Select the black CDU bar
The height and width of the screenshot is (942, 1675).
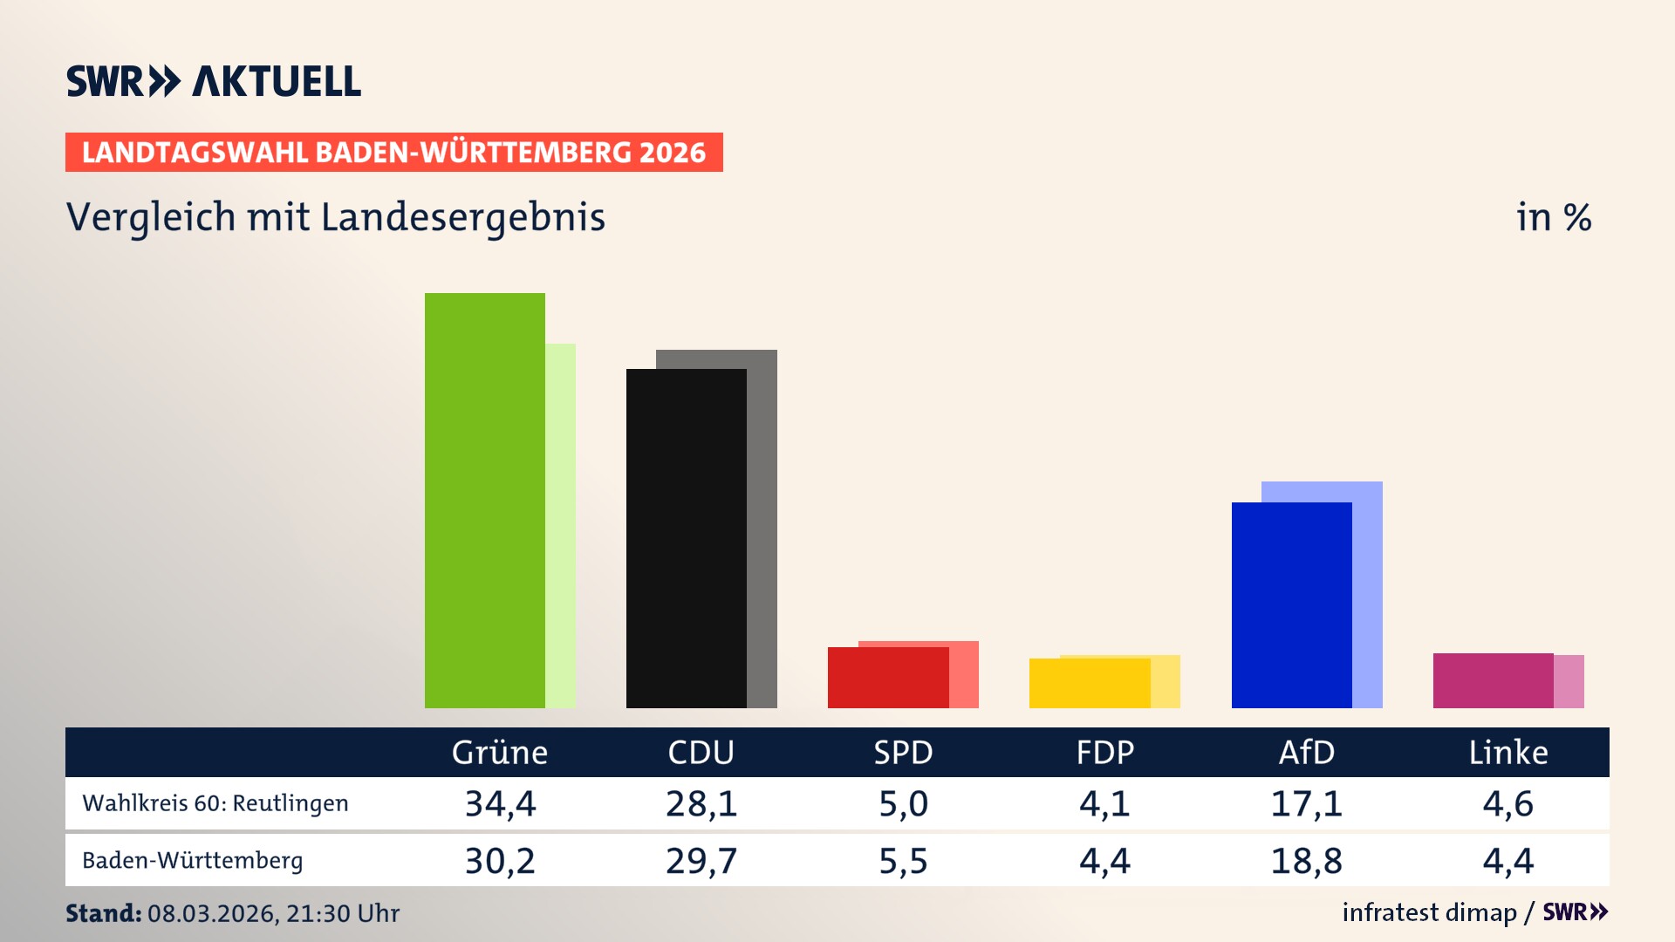[686, 538]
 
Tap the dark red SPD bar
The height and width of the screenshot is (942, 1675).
[887, 678]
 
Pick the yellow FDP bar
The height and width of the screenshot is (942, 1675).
[1089, 683]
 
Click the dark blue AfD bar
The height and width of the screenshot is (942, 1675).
[1291, 604]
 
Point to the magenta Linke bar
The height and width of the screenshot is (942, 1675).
[1493, 680]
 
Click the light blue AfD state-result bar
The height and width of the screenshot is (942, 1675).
[1368, 593]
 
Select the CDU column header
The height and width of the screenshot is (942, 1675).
[701, 752]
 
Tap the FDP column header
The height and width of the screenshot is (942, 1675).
[1104, 752]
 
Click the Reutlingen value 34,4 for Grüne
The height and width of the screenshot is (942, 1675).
[500, 803]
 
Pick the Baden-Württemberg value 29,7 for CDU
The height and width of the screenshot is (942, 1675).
[701, 861]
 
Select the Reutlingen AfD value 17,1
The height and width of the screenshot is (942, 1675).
[1306, 803]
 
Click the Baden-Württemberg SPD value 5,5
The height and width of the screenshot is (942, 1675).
[903, 861]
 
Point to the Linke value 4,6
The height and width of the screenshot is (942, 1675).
[1507, 803]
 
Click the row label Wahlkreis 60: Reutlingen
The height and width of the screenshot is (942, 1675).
[215, 803]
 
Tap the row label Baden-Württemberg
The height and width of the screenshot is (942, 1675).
[192, 861]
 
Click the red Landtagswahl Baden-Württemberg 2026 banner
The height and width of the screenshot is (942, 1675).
[393, 153]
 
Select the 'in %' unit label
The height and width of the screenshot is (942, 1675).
[1553, 218]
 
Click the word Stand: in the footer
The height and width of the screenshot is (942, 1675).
[103, 913]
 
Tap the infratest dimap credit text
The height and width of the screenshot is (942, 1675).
[1429, 912]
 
